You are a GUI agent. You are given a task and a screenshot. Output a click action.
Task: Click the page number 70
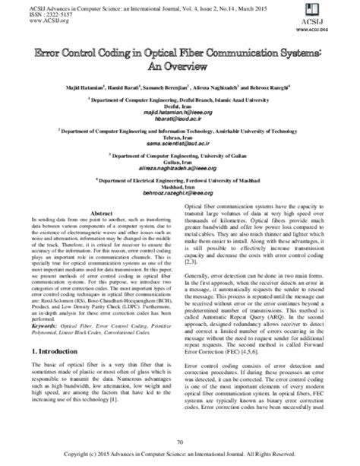point(179,442)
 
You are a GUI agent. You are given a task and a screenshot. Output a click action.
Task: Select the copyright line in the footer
point(179,454)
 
